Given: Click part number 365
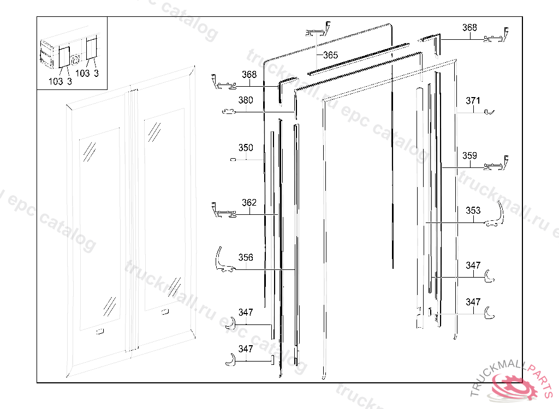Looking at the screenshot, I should [x=330, y=55].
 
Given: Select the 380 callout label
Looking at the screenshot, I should [x=246, y=100].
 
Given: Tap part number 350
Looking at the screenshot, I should [x=246, y=148].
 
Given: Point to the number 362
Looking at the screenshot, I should [x=249, y=203].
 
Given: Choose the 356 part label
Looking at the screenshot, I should [x=246, y=257].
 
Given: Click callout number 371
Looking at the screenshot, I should [x=473, y=100].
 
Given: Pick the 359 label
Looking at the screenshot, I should [x=469, y=156].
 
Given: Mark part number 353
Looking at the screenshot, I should [x=473, y=210].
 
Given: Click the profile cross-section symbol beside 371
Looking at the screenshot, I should [x=490, y=112].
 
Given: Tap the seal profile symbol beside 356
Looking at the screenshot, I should [x=224, y=261].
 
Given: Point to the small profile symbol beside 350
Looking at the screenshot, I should [x=233, y=160].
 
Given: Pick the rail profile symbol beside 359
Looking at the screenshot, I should [x=498, y=163].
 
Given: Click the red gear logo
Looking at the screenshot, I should [x=513, y=386].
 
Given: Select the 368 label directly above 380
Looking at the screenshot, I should [x=249, y=75].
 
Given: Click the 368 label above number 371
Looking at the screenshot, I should [x=469, y=28].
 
